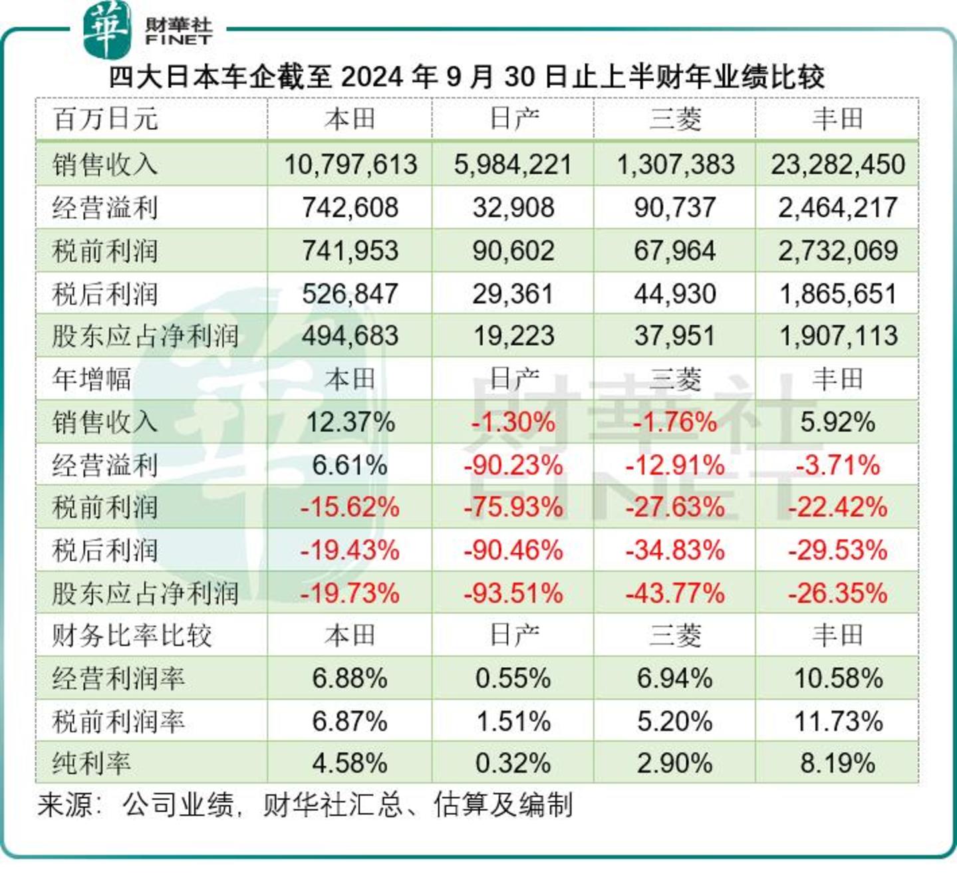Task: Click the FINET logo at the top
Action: [x=148, y=30]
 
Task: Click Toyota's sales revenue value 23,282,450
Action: [x=837, y=164]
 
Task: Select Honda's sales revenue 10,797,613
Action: [x=350, y=164]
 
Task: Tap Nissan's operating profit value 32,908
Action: [x=513, y=208]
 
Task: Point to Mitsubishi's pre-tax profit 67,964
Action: [x=674, y=251]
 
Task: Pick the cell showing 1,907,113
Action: [x=837, y=336]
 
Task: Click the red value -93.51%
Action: [x=513, y=593]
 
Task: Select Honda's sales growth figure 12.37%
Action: [x=350, y=422]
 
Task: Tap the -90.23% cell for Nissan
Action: [x=513, y=465]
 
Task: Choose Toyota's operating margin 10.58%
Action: [x=837, y=678]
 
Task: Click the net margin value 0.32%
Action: [x=513, y=764]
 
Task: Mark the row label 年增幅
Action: [x=92, y=379]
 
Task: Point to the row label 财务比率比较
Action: [x=132, y=636]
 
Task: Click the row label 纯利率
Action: [x=92, y=764]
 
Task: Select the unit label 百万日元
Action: [x=105, y=119]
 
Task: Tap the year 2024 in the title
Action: [x=372, y=77]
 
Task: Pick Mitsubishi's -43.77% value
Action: [x=674, y=593]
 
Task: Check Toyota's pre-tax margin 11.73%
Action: [x=837, y=721]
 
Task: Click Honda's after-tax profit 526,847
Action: [x=350, y=293]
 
